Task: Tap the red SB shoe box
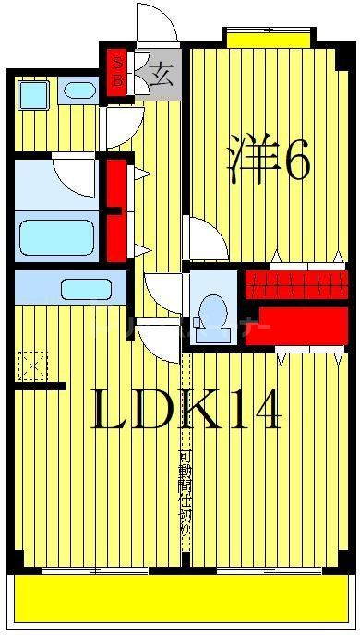(118, 71)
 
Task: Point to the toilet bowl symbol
(213, 310)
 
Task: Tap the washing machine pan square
(34, 94)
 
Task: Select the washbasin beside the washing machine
(79, 91)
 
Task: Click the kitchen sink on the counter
(86, 289)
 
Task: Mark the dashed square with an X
(33, 366)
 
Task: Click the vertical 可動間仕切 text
(185, 494)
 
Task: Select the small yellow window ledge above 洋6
(268, 39)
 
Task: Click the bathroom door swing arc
(74, 173)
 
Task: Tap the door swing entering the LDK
(155, 339)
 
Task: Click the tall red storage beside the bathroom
(116, 210)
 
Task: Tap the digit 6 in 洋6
(296, 162)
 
